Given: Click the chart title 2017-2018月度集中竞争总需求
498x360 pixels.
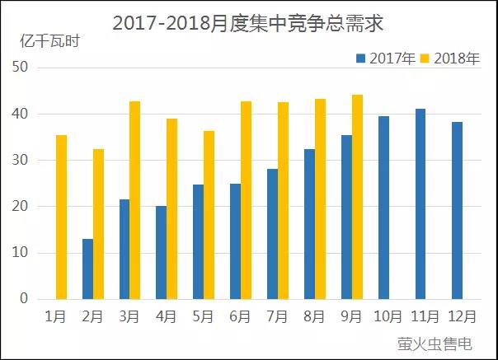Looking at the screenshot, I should (248, 23).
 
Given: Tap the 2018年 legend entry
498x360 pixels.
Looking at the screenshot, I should (450, 58).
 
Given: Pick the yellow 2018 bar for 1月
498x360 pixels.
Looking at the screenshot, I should (61, 217).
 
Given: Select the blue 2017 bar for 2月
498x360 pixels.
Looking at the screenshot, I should (87, 269).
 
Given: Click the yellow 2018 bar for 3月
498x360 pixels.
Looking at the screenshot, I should (134, 200).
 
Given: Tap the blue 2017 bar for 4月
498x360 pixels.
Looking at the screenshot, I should (162, 252).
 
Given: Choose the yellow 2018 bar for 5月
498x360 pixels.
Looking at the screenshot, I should (209, 215).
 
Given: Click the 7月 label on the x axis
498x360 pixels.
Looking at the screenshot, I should (277, 316).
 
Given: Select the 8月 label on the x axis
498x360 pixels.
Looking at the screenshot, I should (314, 316).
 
